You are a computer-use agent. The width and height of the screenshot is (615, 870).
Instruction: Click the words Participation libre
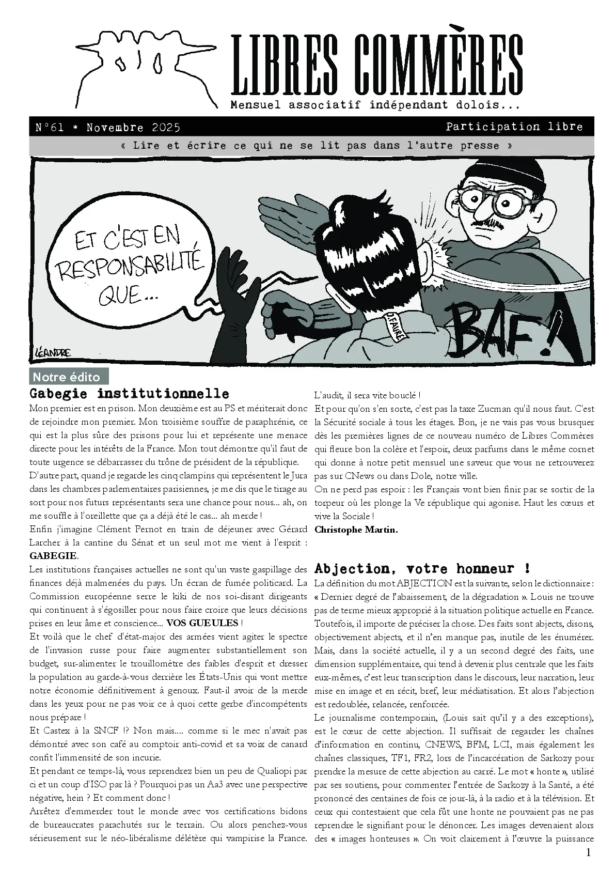point(514,127)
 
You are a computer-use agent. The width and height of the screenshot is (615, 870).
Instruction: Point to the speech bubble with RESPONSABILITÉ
point(129,266)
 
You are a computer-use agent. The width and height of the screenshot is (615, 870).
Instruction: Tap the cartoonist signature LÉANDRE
point(51,352)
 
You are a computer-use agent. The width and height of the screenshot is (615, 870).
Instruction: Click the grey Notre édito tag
point(69,377)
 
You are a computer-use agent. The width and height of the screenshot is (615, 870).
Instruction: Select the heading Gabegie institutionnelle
point(129,394)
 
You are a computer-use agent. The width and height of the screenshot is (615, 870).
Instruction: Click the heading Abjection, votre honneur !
point(422,568)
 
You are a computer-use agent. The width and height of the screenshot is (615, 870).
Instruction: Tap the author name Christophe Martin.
point(356,529)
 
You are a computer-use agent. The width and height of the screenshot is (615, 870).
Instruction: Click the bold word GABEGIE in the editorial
point(54,556)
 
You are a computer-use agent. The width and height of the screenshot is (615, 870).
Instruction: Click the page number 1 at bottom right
point(588,853)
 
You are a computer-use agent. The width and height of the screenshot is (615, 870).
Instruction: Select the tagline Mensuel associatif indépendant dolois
point(374,105)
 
